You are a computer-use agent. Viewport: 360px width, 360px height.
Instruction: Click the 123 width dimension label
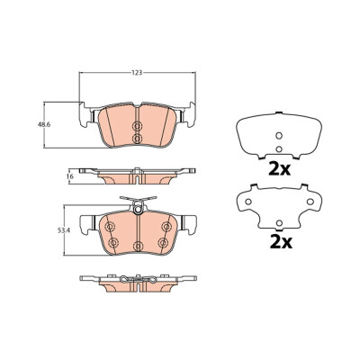(137, 73)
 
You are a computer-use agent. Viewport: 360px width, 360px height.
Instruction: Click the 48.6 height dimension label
(43, 125)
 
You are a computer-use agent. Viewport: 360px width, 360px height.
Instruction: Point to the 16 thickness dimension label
(71, 176)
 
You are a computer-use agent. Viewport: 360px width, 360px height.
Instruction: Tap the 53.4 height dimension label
(63, 230)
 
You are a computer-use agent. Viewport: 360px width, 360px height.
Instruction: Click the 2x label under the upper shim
(280, 169)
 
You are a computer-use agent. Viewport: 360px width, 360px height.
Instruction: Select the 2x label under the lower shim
(281, 242)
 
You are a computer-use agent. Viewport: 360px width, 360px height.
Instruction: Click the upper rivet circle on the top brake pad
(137, 126)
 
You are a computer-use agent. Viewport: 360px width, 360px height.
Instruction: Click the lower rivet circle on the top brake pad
(137, 139)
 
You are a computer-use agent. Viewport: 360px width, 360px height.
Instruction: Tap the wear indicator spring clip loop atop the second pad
(138, 208)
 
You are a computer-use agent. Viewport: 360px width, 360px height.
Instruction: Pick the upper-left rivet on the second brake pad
(110, 227)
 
